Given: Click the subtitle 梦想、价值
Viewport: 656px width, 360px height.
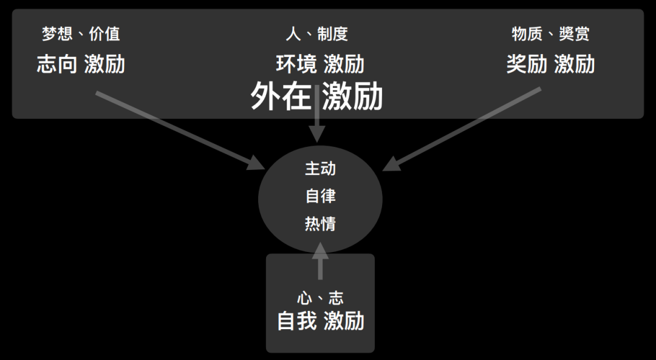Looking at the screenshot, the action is [81, 33].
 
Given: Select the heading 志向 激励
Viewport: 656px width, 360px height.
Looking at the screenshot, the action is [81, 64].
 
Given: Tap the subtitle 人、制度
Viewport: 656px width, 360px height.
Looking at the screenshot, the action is [317, 33].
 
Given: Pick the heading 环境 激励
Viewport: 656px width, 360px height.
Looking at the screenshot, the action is [320, 64].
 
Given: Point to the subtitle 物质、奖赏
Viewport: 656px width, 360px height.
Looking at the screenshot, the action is [550, 33].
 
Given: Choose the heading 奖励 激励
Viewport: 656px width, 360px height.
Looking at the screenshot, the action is [550, 64].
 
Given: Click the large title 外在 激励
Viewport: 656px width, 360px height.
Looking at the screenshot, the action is [316, 97].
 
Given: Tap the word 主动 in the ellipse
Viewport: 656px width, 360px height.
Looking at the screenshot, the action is [320, 168].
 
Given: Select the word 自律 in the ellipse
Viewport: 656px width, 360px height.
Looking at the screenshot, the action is [320, 196].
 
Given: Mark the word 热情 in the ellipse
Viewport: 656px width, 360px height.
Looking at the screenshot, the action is [320, 224].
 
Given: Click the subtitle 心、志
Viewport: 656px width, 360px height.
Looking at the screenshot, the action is [320, 297].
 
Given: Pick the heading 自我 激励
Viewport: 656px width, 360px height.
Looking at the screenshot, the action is [320, 321].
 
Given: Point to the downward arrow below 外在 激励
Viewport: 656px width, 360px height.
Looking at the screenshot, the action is [317, 124].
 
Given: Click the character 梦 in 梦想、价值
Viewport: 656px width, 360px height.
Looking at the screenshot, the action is [49, 33].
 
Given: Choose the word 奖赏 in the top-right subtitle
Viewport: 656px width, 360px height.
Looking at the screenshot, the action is [574, 33].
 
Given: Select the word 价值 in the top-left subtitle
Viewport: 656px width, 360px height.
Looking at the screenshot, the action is [104, 33].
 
